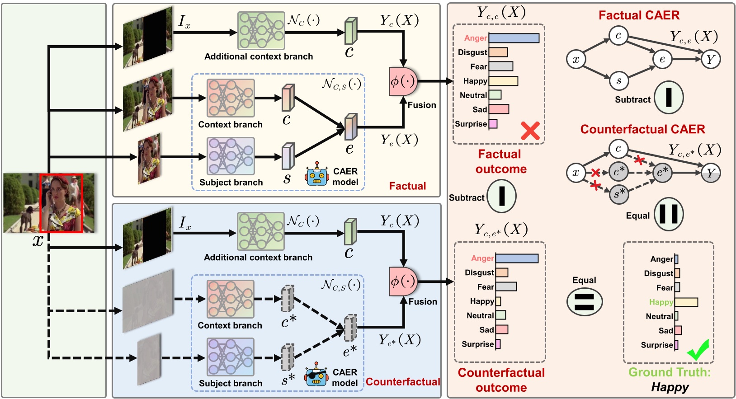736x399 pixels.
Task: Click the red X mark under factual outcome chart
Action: tap(530, 131)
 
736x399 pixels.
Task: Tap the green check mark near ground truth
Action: tap(698, 350)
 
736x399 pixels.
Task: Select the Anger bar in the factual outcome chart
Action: tap(514, 38)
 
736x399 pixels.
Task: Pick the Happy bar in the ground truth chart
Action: tap(686, 302)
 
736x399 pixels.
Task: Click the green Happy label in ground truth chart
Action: tap(661, 302)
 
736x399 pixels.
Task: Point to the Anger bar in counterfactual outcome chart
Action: tap(517, 258)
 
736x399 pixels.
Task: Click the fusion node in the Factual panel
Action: tap(402, 82)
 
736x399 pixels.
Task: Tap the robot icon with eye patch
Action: tap(316, 374)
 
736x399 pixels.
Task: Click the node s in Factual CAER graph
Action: tap(618, 81)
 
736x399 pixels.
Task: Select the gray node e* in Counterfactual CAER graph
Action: tap(662, 173)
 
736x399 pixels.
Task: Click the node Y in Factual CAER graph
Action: tap(711, 59)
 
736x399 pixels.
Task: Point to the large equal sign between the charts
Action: tap(584, 302)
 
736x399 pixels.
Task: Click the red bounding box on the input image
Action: tap(61, 203)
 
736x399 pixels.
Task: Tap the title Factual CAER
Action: tap(639, 15)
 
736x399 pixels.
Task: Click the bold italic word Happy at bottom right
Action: tap(670, 387)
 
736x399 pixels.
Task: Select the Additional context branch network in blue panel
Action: tap(261, 231)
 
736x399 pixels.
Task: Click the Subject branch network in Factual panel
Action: tap(231, 156)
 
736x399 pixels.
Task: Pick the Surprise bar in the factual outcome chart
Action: tap(493, 124)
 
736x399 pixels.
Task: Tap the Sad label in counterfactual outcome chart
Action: tap(486, 330)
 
